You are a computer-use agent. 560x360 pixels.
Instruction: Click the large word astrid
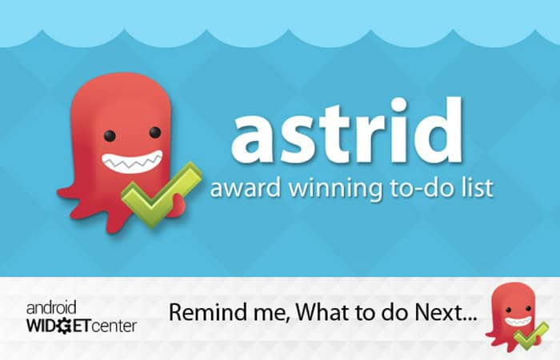(347, 130)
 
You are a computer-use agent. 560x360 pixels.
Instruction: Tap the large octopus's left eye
(110, 136)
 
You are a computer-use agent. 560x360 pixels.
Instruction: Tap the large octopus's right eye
(155, 132)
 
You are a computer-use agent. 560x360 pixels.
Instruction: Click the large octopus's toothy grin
(133, 162)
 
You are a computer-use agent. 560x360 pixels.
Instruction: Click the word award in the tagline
(246, 188)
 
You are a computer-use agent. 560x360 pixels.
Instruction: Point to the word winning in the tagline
(335, 190)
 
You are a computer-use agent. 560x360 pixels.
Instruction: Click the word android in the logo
(51, 307)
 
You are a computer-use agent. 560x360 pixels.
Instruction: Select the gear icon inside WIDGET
(64, 326)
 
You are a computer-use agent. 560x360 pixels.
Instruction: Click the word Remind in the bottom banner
(206, 312)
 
